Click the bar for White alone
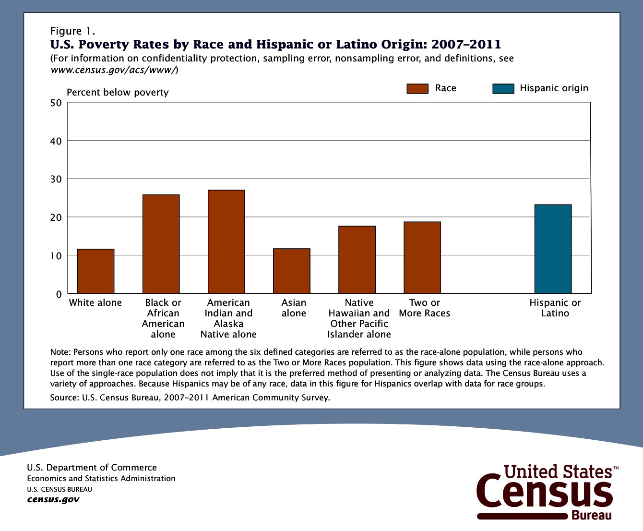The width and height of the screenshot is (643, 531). (95, 271)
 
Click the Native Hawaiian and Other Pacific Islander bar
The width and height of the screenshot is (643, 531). (357, 260)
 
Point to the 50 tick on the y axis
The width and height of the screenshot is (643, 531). (56, 103)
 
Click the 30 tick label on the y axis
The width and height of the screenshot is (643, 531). (56, 179)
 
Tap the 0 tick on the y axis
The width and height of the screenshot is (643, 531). (59, 294)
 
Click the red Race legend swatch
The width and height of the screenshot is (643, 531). (417, 88)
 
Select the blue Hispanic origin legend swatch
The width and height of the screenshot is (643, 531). (503, 88)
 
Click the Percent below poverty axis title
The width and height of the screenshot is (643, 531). (118, 92)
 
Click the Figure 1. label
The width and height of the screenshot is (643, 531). (72, 31)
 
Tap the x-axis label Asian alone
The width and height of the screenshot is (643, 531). (294, 308)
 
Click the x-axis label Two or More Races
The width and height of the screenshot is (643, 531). (425, 308)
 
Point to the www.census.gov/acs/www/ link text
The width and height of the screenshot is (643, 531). (114, 70)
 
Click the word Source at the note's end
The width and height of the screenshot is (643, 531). (64, 398)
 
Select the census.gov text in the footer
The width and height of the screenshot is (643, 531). (53, 499)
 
